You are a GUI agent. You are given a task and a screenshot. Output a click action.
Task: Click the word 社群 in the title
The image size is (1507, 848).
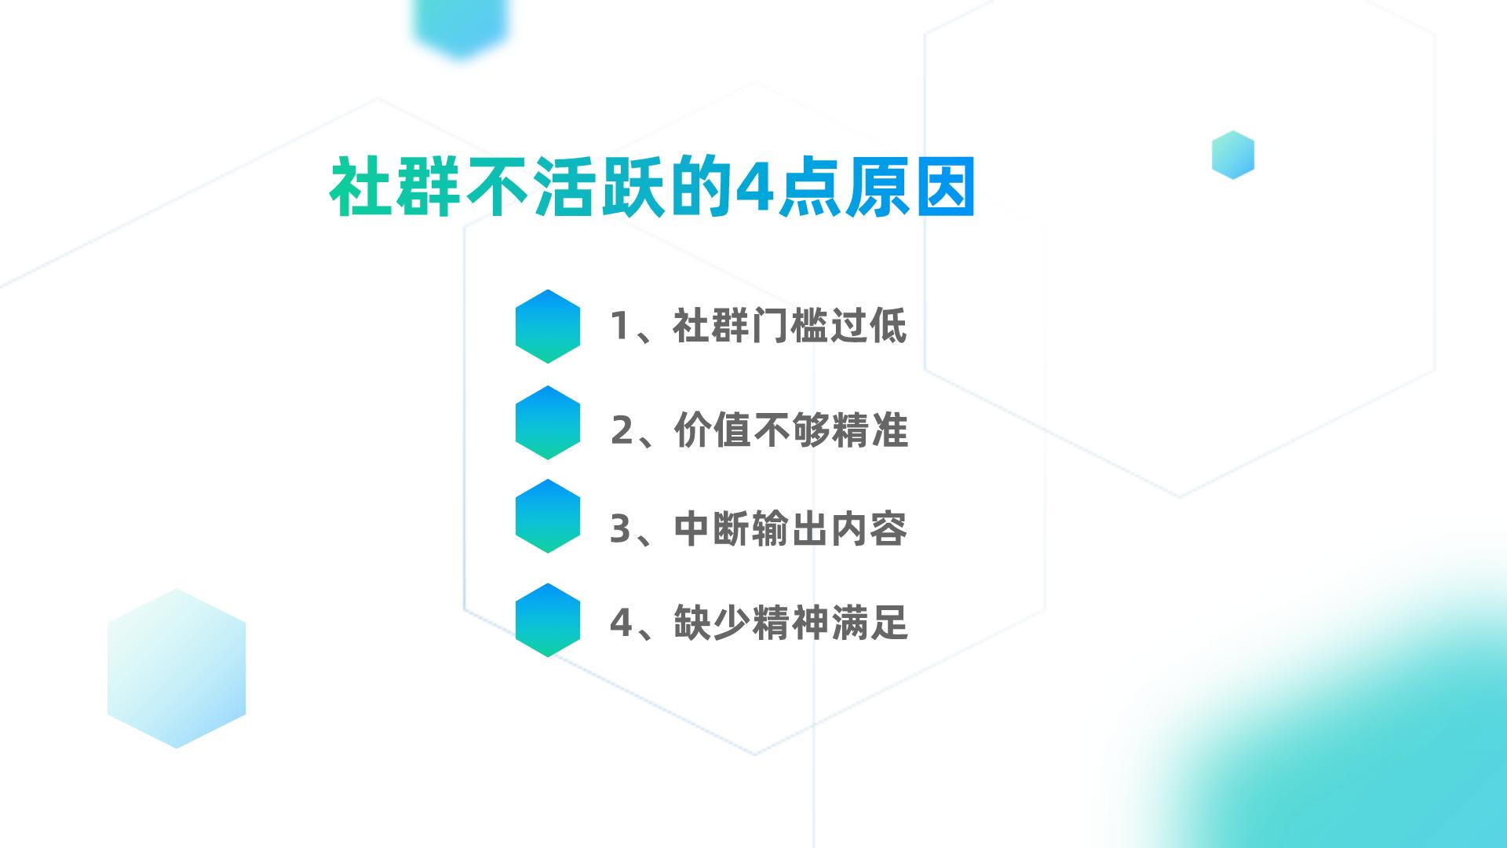pyautogui.click(x=395, y=188)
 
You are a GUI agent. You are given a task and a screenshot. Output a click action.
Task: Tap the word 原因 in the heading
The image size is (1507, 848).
pyautogui.click(x=910, y=188)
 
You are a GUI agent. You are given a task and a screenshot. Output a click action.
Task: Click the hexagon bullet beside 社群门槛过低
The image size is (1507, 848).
pyautogui.click(x=548, y=327)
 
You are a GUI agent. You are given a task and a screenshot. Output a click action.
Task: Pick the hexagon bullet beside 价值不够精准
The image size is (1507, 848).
pyautogui.click(x=548, y=422)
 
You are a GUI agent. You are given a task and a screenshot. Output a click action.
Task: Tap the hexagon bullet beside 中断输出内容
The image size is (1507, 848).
pyautogui.click(x=548, y=517)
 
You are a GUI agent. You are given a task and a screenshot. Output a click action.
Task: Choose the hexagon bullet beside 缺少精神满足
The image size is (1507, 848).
pyautogui.click(x=548, y=620)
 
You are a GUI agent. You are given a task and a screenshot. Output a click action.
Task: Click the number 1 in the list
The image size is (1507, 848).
pyautogui.click(x=619, y=326)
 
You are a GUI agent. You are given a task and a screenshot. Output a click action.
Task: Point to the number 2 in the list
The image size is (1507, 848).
pyautogui.click(x=622, y=430)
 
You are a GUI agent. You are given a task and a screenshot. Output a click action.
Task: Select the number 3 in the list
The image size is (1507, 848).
pyautogui.click(x=621, y=529)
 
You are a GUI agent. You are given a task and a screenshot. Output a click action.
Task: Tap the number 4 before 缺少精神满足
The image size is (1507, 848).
pyautogui.click(x=622, y=623)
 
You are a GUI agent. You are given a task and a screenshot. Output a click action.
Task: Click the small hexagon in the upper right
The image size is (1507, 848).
pyautogui.click(x=1233, y=155)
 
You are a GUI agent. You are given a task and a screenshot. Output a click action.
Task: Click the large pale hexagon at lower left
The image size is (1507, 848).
pyautogui.click(x=177, y=668)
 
